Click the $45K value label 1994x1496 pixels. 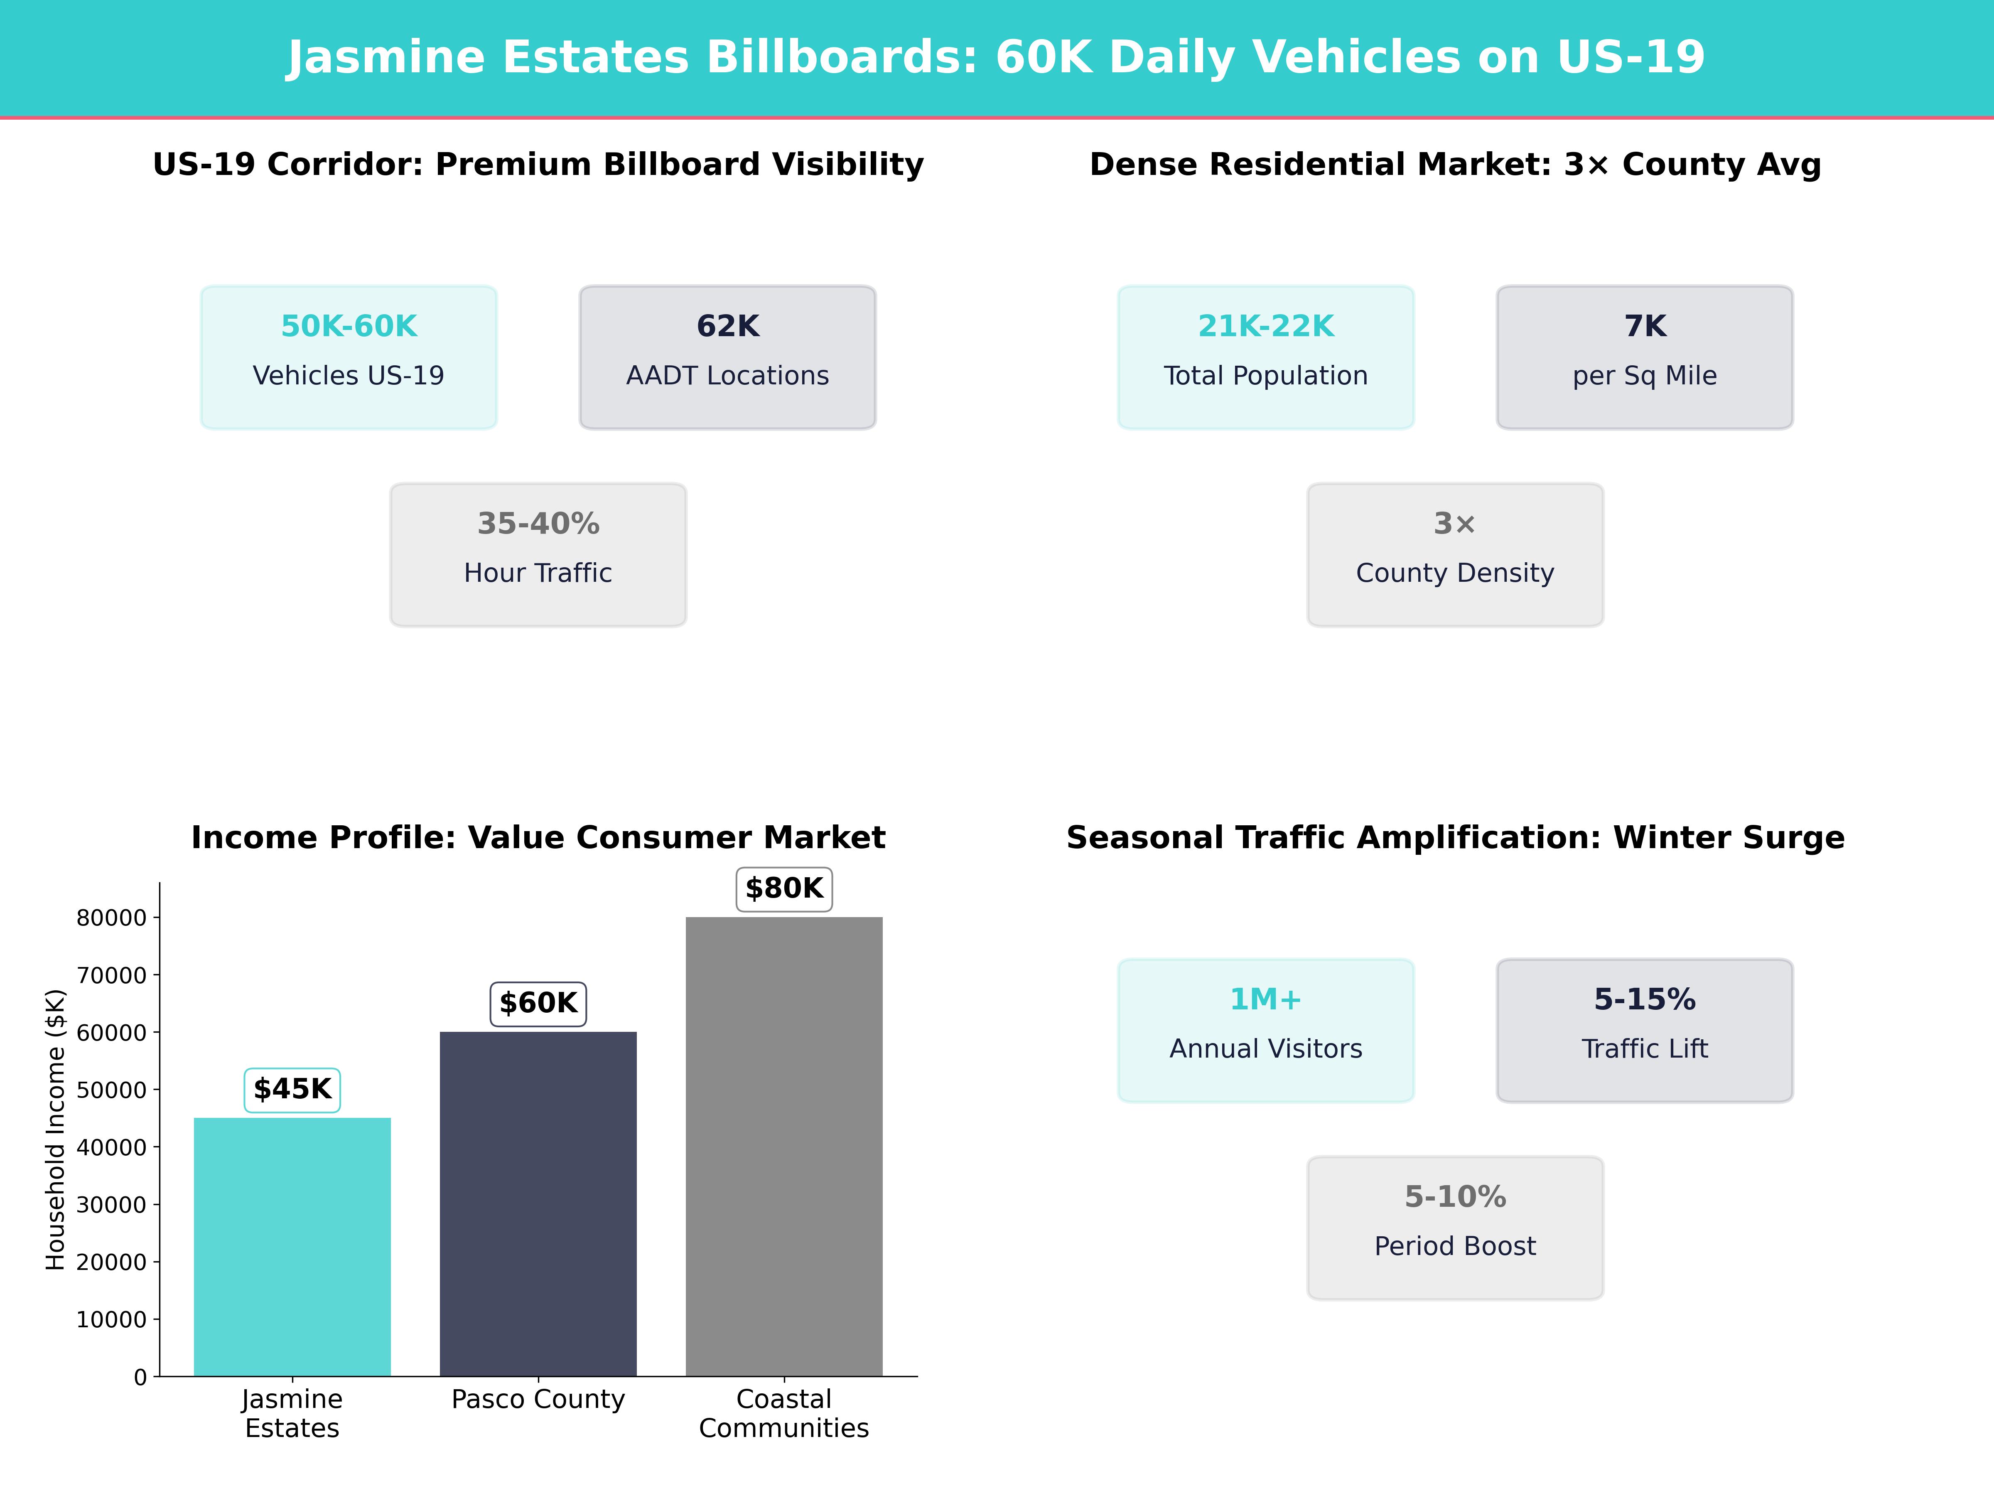292,1089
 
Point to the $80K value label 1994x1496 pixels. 783,888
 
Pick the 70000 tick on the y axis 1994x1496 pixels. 111,975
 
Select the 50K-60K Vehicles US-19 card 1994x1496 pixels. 349,357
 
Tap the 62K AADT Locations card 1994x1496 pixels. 727,357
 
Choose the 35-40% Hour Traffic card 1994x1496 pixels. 538,555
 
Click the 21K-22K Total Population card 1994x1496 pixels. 1266,357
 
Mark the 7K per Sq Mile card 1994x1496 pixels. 1644,357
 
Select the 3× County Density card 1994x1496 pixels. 1455,555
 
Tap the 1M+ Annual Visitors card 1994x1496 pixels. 1266,1030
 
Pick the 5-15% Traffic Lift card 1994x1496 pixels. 1644,1030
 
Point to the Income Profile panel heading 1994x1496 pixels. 538,838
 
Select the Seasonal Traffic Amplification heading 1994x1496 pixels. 1455,838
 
